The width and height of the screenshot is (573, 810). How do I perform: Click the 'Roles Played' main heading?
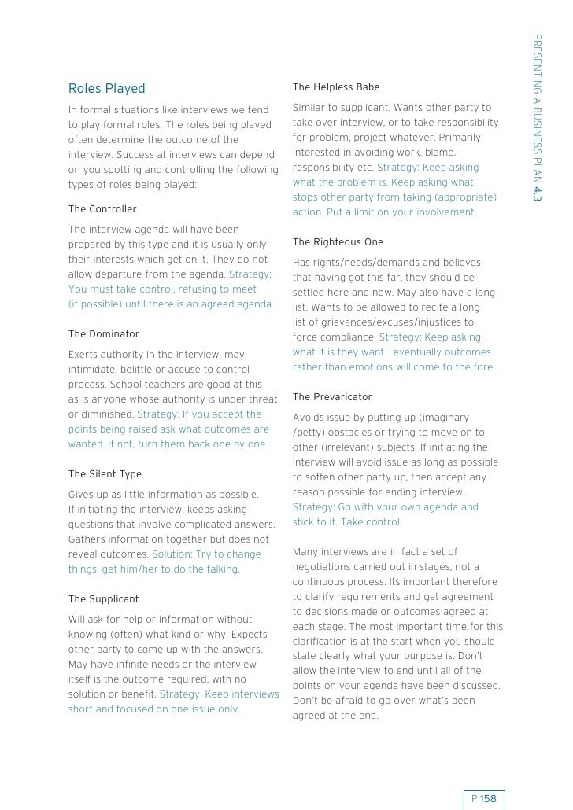coord(107,88)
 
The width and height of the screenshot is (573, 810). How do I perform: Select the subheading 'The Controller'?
coord(102,209)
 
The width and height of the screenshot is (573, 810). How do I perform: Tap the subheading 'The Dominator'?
coord(104,333)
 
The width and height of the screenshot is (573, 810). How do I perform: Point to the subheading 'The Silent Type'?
coord(105,474)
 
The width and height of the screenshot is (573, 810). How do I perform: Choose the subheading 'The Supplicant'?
coord(103,599)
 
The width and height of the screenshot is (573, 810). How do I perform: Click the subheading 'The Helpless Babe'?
coord(336,87)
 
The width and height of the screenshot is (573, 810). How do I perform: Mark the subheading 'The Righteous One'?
coord(338,241)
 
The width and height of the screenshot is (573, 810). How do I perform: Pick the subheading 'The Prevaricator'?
coord(332,397)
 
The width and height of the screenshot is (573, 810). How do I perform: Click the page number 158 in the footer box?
coord(489,799)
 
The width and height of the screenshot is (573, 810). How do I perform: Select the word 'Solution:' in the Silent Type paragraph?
coord(172,554)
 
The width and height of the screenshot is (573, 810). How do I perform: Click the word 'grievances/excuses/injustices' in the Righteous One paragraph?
coord(372,322)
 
